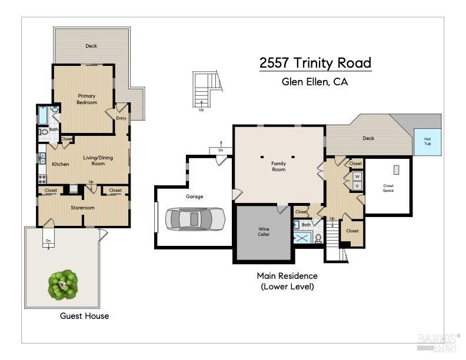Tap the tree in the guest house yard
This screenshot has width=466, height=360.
click(63, 285)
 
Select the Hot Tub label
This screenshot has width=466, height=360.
click(427, 142)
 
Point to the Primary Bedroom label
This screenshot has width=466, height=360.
click(86, 99)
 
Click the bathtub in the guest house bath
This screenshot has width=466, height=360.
click(44, 115)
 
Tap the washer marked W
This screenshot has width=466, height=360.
click(357, 176)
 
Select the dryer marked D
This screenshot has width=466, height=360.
click(357, 186)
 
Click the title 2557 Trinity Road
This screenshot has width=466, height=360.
click(315, 63)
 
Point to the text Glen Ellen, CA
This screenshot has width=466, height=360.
click(315, 82)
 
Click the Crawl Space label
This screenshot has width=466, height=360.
click(388, 188)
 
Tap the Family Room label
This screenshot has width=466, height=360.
click(278, 166)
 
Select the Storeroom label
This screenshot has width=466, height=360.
click(83, 208)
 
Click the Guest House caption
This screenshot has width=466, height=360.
click(84, 316)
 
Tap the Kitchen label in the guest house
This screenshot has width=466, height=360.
click(61, 164)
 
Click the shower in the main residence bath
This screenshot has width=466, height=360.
click(302, 238)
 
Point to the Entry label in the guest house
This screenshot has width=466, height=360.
click(121, 118)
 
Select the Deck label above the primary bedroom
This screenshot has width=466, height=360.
click(91, 46)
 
